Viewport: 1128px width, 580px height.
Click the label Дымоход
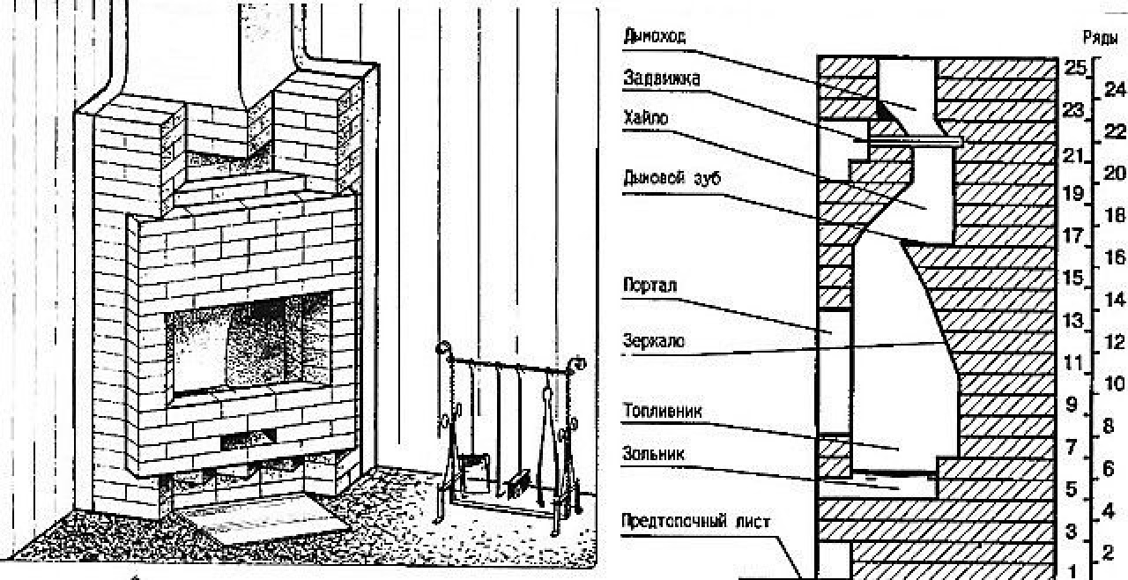coord(655,35)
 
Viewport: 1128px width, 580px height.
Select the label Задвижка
coord(662,78)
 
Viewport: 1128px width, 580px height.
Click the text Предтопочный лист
coord(696,521)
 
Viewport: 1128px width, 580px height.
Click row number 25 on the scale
coord(1072,67)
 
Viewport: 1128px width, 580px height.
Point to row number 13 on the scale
coord(1072,320)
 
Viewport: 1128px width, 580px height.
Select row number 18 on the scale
coord(1114,215)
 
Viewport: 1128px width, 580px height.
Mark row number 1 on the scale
coord(1072,571)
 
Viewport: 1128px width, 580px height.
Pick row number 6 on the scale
coord(1109,469)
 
